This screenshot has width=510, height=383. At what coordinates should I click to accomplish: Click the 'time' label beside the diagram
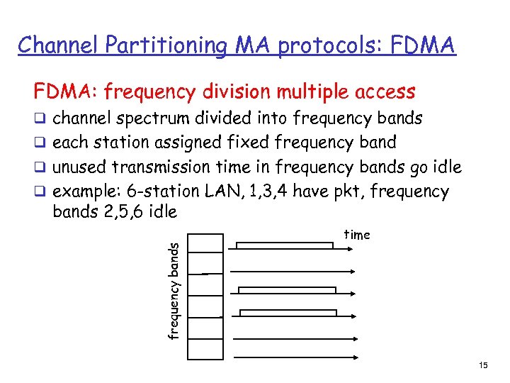point(357,235)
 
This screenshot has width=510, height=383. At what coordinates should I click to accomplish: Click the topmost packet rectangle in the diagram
point(284,245)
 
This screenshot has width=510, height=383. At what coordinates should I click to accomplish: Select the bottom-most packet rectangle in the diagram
point(288,313)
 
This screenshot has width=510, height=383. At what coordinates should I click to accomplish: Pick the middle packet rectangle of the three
point(287,290)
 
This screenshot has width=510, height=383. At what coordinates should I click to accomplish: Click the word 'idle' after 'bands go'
point(446,167)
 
